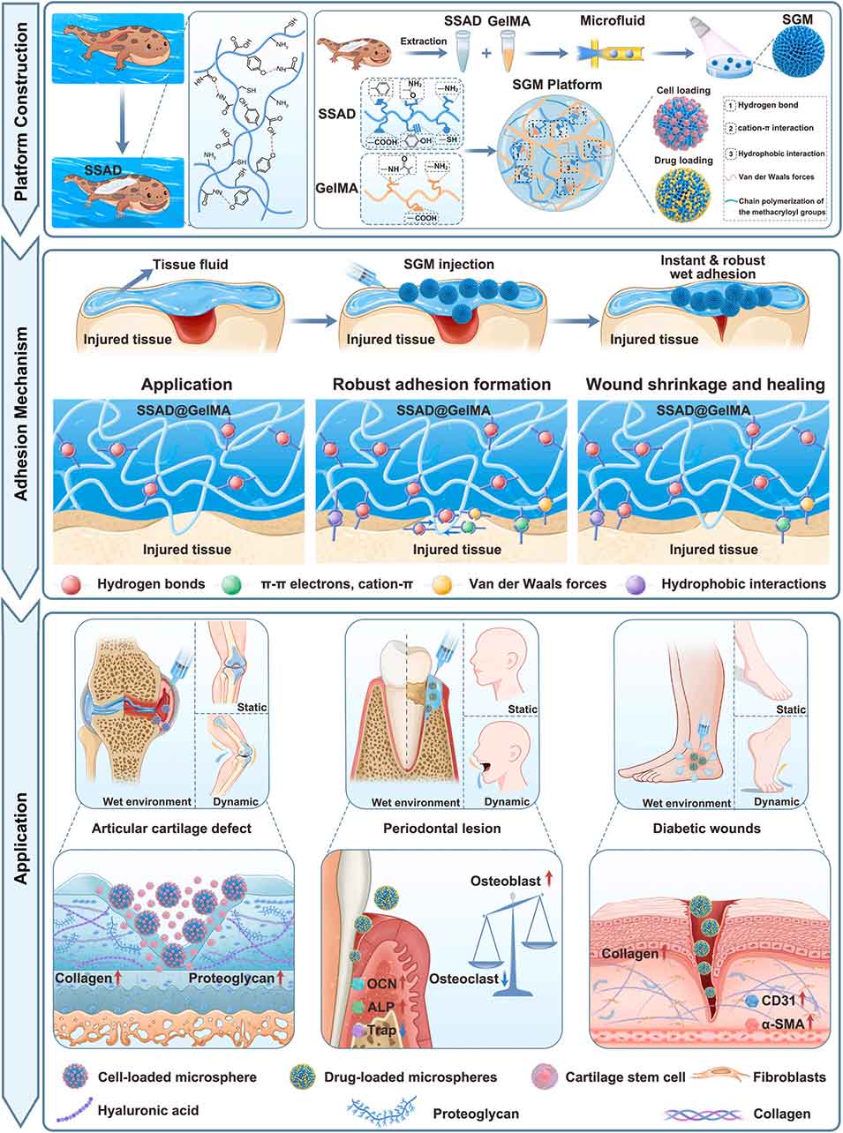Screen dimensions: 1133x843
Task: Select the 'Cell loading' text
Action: tap(678, 90)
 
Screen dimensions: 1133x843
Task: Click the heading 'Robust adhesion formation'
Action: tap(441, 385)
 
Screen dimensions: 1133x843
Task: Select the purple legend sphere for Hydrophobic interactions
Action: tap(635, 583)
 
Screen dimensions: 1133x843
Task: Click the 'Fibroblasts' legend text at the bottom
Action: tap(791, 1077)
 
